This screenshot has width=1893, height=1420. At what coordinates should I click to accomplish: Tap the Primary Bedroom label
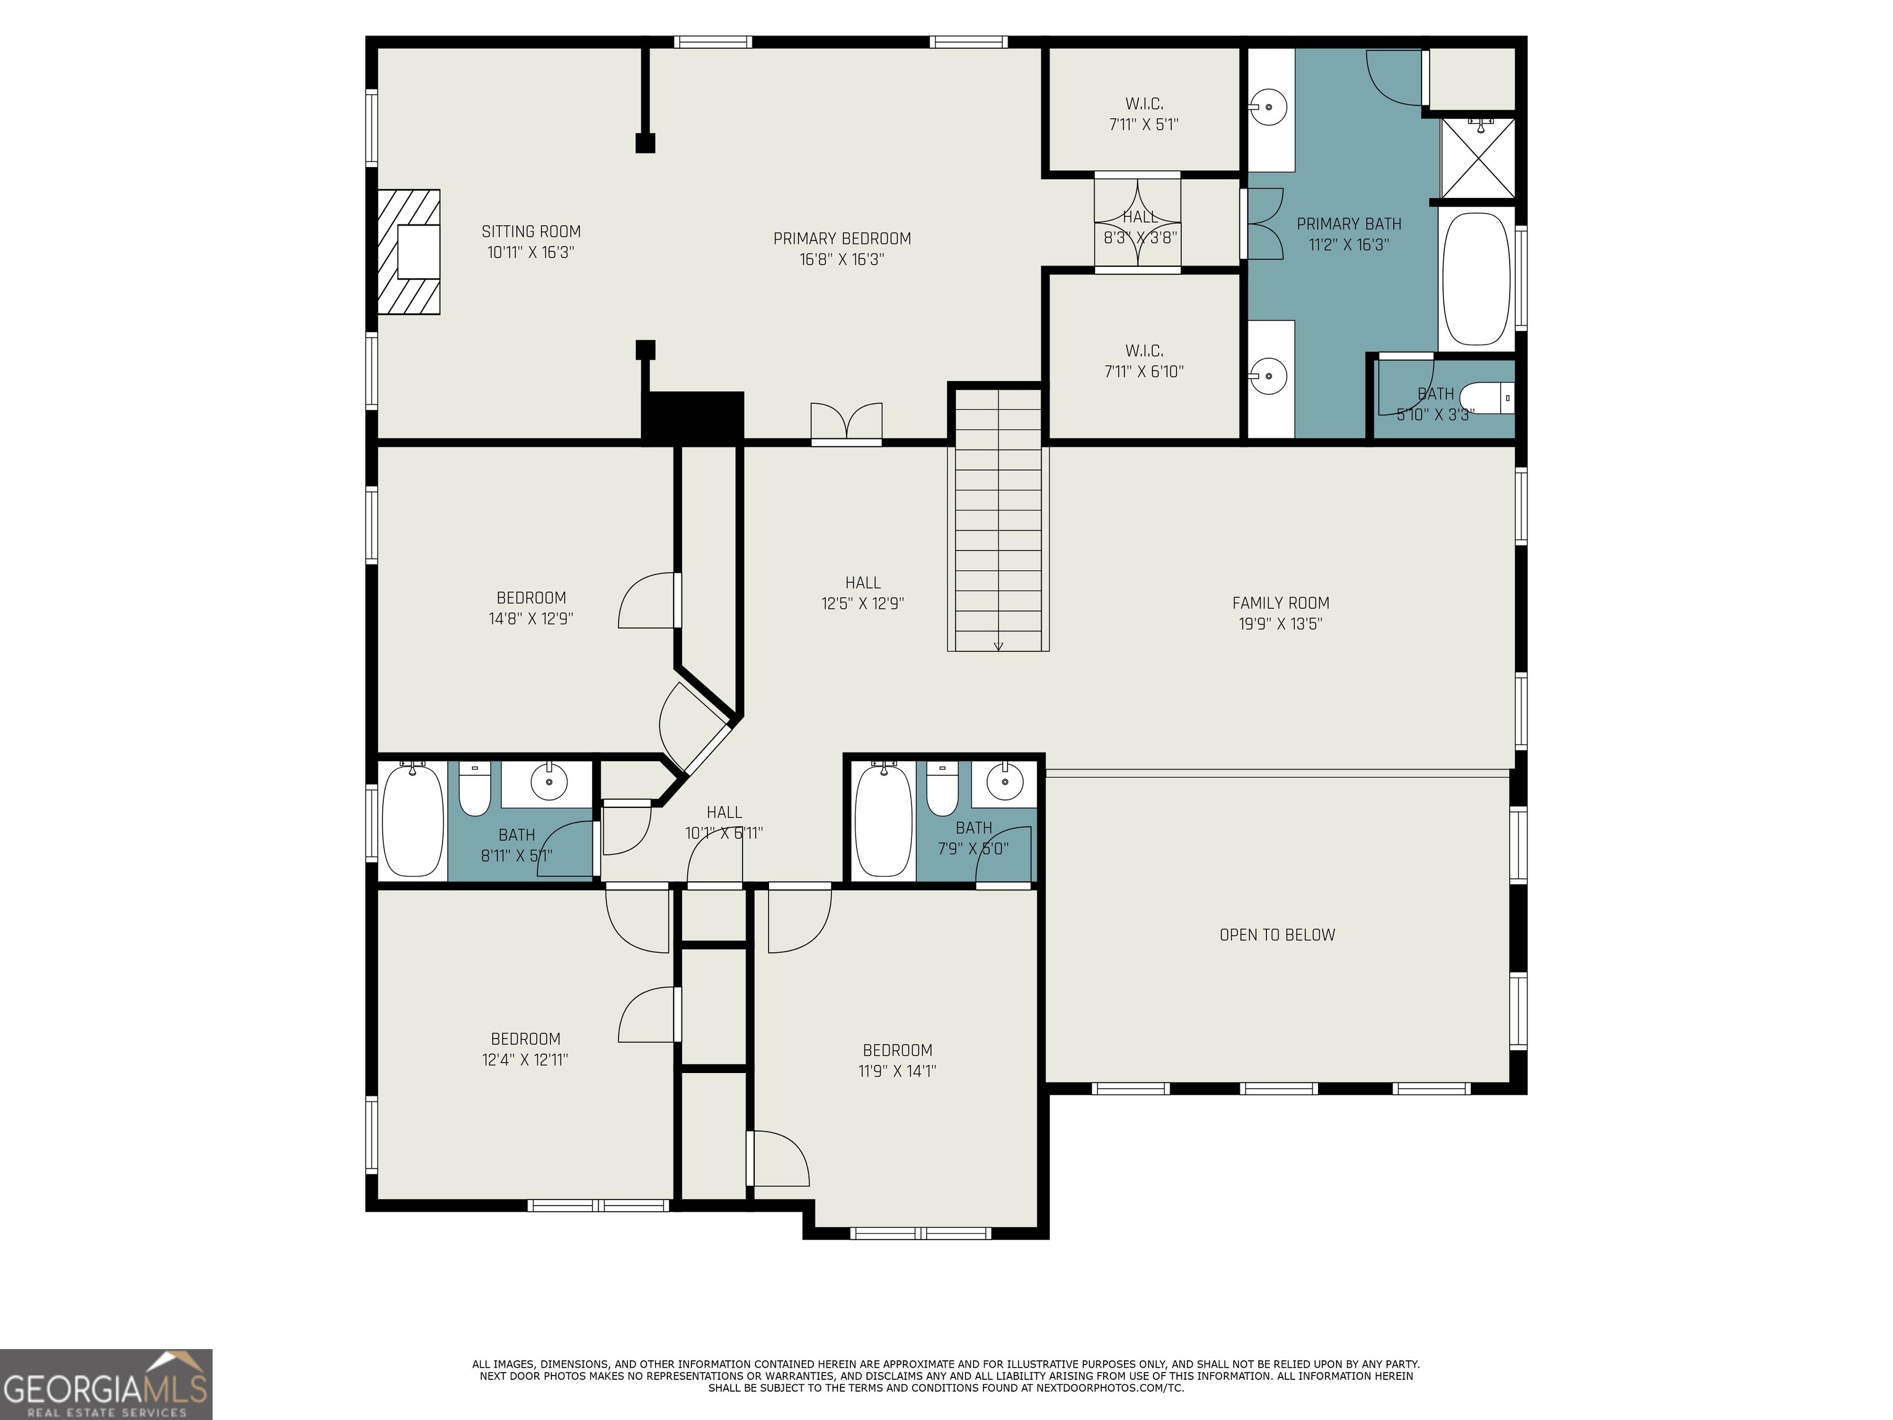click(842, 239)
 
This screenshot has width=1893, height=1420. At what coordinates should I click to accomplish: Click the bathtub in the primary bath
click(1476, 279)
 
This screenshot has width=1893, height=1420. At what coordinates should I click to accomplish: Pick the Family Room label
click(1280, 603)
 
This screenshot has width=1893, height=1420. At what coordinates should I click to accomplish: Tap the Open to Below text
click(1277, 936)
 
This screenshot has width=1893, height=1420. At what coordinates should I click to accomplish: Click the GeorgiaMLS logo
click(106, 1385)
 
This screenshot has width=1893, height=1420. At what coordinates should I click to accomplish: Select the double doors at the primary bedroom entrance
click(847, 423)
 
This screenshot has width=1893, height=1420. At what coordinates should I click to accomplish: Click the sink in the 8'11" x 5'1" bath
click(548, 781)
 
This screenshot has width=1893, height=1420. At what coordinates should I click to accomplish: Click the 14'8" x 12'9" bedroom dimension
click(531, 619)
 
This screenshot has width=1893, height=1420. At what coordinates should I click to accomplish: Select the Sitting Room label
click(531, 231)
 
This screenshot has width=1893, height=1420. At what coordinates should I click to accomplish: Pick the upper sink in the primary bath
click(1269, 108)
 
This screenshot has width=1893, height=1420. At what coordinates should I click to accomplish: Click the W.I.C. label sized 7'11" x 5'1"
click(1144, 104)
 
